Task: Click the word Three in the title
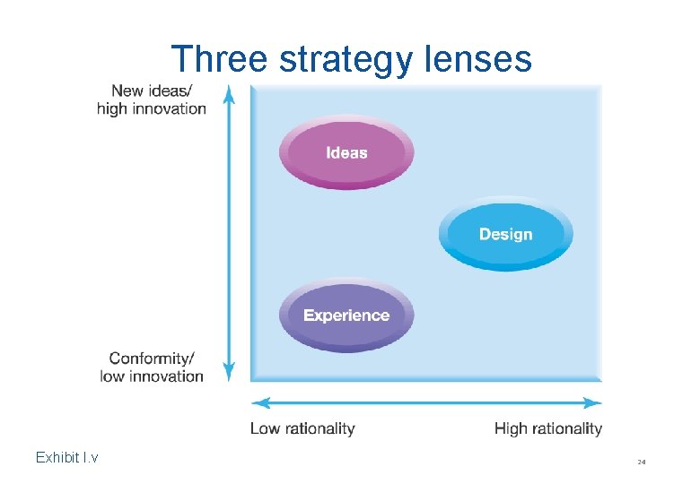(219, 59)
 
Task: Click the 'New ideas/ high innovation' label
(151, 99)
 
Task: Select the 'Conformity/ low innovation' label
(152, 367)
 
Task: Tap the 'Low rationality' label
(302, 428)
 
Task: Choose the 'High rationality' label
(547, 428)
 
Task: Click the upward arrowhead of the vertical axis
(229, 92)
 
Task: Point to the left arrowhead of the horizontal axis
(258, 402)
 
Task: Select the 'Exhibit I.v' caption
(66, 458)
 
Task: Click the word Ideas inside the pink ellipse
(346, 152)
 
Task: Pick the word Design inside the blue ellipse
(505, 234)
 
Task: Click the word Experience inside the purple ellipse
(346, 315)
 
